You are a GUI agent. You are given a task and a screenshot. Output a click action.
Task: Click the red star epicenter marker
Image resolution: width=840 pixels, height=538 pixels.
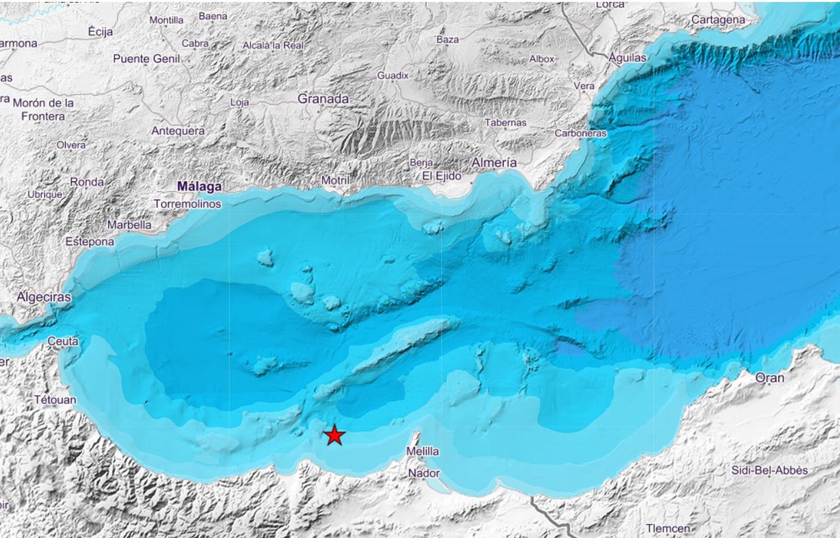coord(334,436)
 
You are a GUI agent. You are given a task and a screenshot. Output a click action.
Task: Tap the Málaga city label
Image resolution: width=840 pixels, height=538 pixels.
coord(199,187)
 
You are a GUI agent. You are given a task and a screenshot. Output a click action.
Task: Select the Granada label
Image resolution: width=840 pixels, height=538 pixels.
coord(323,99)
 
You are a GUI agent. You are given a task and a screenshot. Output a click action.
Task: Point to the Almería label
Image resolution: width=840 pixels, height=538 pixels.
coord(493,163)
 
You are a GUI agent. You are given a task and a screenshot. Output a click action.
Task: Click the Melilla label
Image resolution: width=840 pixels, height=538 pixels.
coord(423,451)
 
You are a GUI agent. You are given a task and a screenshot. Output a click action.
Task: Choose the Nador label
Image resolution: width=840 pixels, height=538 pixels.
coord(424,473)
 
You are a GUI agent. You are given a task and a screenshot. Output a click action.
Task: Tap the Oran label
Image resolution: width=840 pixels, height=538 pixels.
coord(770,378)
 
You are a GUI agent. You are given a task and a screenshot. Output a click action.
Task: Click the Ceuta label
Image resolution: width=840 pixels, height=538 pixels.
coord(63,342)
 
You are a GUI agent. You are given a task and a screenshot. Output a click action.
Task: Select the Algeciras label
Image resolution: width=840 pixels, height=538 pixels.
coord(44,297)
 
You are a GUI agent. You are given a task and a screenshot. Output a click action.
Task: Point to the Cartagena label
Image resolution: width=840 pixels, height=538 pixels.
coord(718,20)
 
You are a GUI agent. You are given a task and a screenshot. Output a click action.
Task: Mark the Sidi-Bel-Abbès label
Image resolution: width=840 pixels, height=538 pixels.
coord(769,471)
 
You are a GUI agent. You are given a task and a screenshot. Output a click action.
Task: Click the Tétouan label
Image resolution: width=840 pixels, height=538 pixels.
coord(55,400)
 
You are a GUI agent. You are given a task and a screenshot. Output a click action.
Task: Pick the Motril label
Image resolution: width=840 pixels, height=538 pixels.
coord(335,181)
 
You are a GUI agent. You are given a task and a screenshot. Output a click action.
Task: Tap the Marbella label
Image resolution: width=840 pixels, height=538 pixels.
coord(129,225)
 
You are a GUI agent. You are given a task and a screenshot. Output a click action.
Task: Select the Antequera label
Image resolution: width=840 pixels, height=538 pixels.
coord(178,131)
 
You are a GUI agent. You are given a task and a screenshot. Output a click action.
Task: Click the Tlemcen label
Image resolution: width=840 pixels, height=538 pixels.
coord(668,528)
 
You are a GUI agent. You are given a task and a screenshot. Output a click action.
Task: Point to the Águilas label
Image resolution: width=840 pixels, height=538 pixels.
coord(627,58)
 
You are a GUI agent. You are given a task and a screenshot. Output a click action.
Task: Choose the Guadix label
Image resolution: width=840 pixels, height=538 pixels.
coord(393,76)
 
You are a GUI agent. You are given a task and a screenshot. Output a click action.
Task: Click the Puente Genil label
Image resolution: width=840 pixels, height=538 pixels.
coord(146,59)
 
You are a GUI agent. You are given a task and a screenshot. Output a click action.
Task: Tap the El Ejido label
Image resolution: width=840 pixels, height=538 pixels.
coord(442,177)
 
